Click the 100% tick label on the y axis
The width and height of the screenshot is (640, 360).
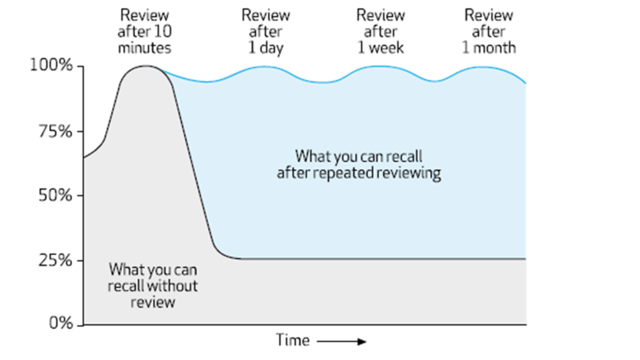click(x=51, y=66)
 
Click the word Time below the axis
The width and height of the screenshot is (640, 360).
click(x=292, y=341)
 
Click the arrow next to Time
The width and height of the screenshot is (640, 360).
click(x=341, y=341)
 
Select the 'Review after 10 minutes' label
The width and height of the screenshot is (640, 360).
click(x=144, y=31)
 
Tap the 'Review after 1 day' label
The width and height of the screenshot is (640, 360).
click(x=266, y=31)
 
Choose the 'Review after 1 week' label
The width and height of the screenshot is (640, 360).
click(x=381, y=31)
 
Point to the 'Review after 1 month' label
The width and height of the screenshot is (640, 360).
click(x=489, y=31)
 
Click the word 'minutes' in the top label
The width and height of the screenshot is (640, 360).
click(x=144, y=47)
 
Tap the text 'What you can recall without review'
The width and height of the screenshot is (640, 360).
click(x=152, y=286)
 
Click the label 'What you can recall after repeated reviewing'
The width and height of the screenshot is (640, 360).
click(x=359, y=164)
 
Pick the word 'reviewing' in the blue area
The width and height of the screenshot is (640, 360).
click(x=409, y=173)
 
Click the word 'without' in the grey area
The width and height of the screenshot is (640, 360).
click(x=173, y=286)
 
